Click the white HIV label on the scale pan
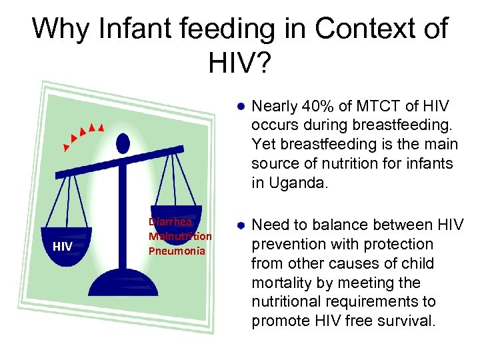[63, 247]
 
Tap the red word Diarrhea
[171, 222]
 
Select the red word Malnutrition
[180, 236]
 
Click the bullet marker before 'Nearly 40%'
[241, 106]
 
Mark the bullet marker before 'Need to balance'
[241, 225]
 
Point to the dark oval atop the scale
[123, 143]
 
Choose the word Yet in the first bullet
[263, 145]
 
